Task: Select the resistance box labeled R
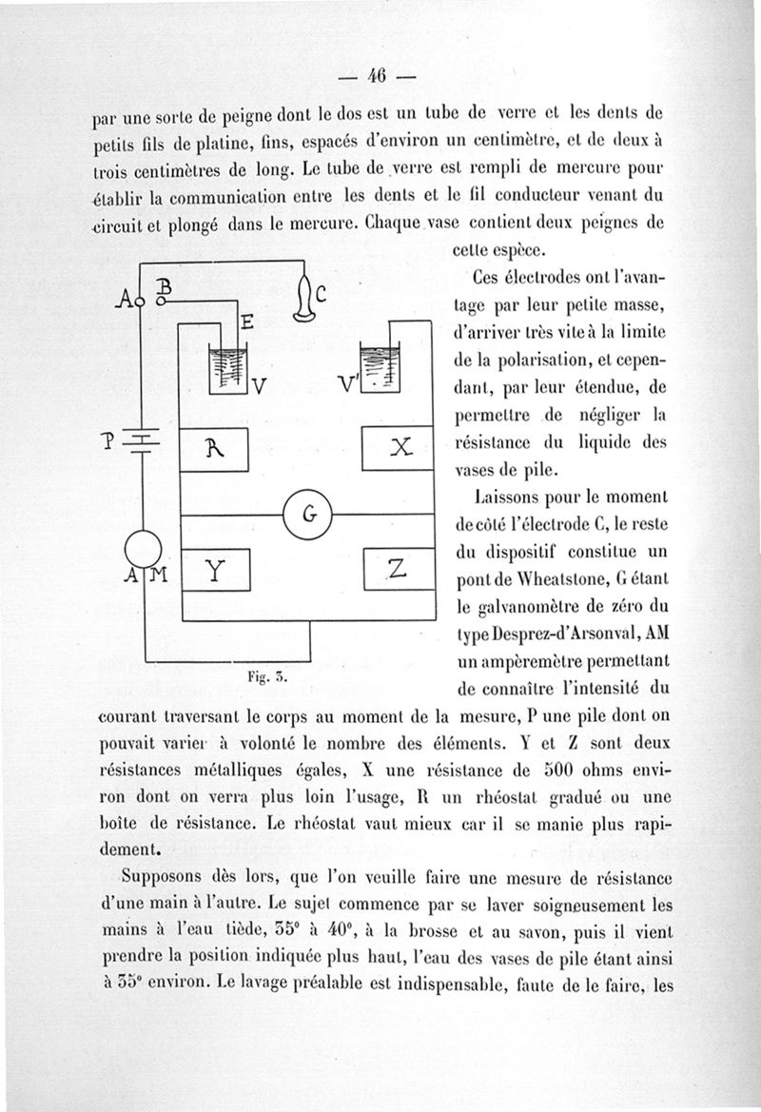[x=214, y=450]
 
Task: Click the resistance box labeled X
[x=399, y=450]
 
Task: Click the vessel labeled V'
[x=380, y=366]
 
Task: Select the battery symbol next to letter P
[x=144, y=439]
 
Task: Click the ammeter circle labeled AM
[x=144, y=549]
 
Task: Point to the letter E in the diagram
[x=244, y=323]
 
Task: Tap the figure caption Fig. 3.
[x=260, y=677]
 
